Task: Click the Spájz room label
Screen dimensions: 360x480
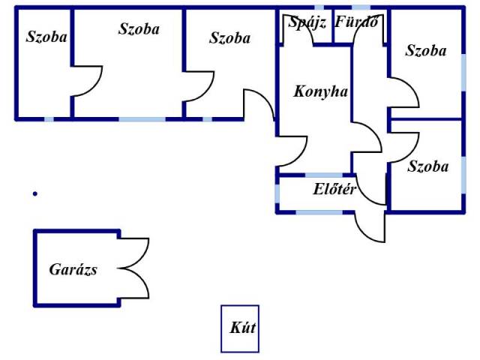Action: (x=307, y=22)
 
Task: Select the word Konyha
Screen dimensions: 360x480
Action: (x=321, y=91)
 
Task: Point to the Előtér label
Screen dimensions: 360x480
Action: (x=334, y=190)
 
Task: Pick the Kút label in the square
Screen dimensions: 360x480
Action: (x=239, y=328)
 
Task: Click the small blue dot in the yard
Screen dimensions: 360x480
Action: (x=34, y=194)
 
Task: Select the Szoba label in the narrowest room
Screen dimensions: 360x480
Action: (x=46, y=37)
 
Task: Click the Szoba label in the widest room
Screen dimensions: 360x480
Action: (x=139, y=29)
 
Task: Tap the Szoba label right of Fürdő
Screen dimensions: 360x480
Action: (x=425, y=51)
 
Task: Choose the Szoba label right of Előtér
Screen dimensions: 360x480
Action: (x=427, y=166)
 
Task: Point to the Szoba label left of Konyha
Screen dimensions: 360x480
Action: (x=229, y=38)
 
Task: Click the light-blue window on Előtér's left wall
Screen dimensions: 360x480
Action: (x=277, y=193)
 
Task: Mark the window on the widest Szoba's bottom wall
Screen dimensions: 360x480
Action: (x=142, y=118)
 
